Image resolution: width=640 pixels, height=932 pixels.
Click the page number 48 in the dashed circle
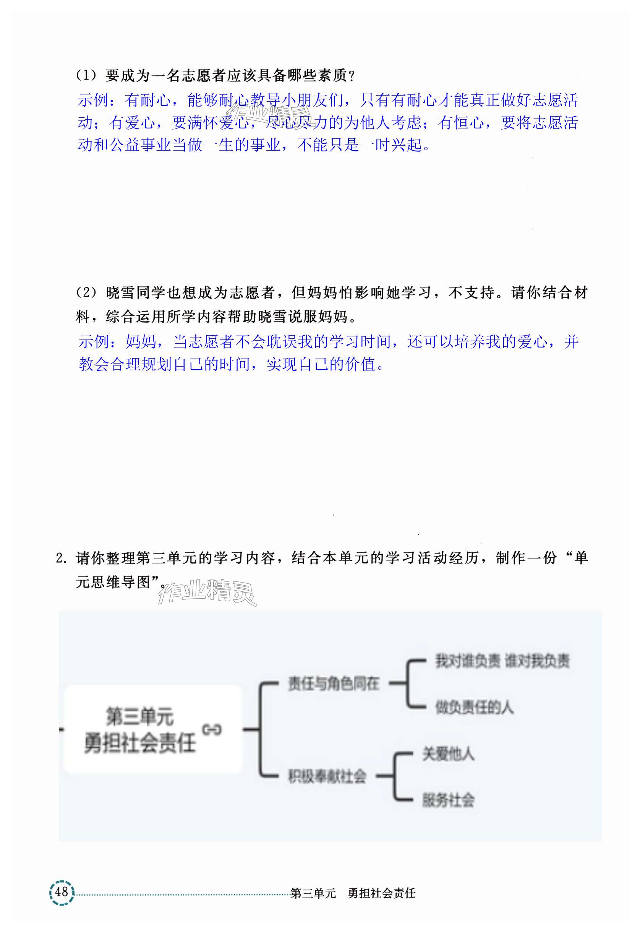62,892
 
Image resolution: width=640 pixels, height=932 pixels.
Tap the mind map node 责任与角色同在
333,683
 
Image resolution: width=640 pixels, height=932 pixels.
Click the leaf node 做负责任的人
475,707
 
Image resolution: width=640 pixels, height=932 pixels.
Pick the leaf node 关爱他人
448,754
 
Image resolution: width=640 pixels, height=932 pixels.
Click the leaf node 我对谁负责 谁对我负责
502,661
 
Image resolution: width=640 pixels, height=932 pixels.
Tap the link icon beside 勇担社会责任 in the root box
211,729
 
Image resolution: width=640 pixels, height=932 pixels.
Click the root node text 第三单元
139,716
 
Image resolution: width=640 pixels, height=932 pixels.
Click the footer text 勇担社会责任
381,893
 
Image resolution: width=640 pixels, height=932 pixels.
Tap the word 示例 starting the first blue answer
92,100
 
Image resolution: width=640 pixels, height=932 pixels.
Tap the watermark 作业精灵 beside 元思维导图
207,591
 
